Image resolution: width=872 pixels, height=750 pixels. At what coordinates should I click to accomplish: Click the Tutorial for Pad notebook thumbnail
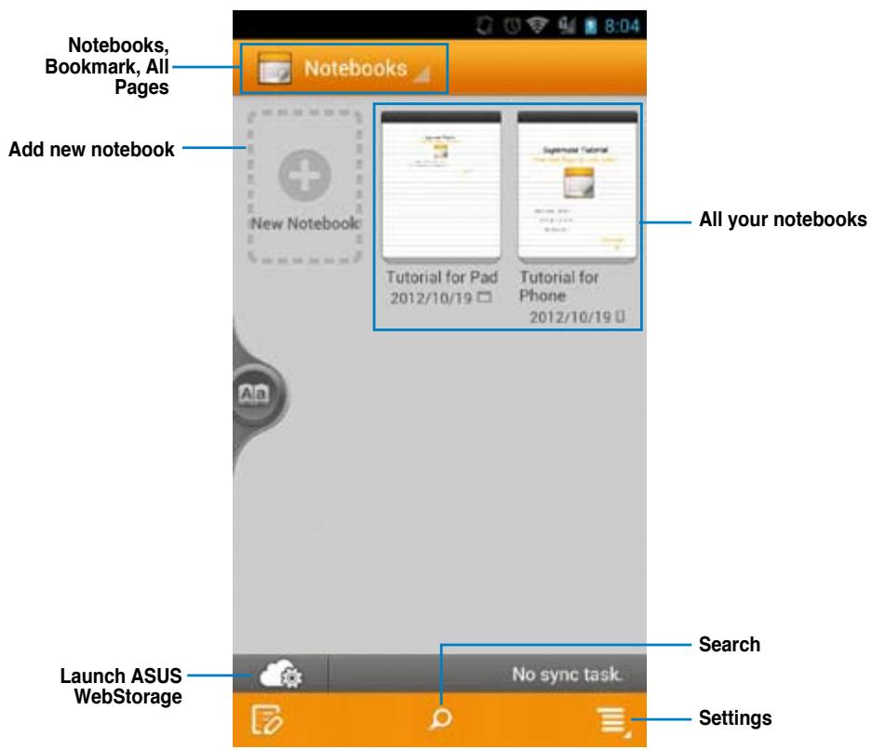(x=441, y=186)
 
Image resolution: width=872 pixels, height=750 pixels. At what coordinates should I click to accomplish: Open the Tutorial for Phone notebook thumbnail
(x=577, y=186)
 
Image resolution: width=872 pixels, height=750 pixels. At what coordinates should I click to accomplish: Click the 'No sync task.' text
(x=569, y=672)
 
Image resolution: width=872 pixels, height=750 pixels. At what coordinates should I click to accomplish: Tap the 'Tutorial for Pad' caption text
(x=441, y=277)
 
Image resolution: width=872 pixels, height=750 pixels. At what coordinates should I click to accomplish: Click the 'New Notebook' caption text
(x=304, y=225)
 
